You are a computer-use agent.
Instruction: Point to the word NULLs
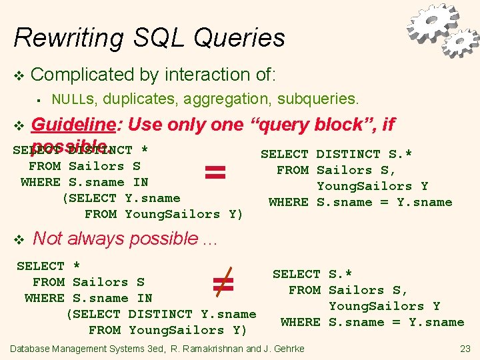coord(74,100)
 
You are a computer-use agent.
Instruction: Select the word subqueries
coord(318,100)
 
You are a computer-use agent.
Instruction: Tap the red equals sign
coord(215,173)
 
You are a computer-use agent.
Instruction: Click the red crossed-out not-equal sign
coord(222,284)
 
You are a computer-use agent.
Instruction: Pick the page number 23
coord(465,349)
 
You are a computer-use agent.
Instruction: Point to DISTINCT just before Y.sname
coord(160,314)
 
